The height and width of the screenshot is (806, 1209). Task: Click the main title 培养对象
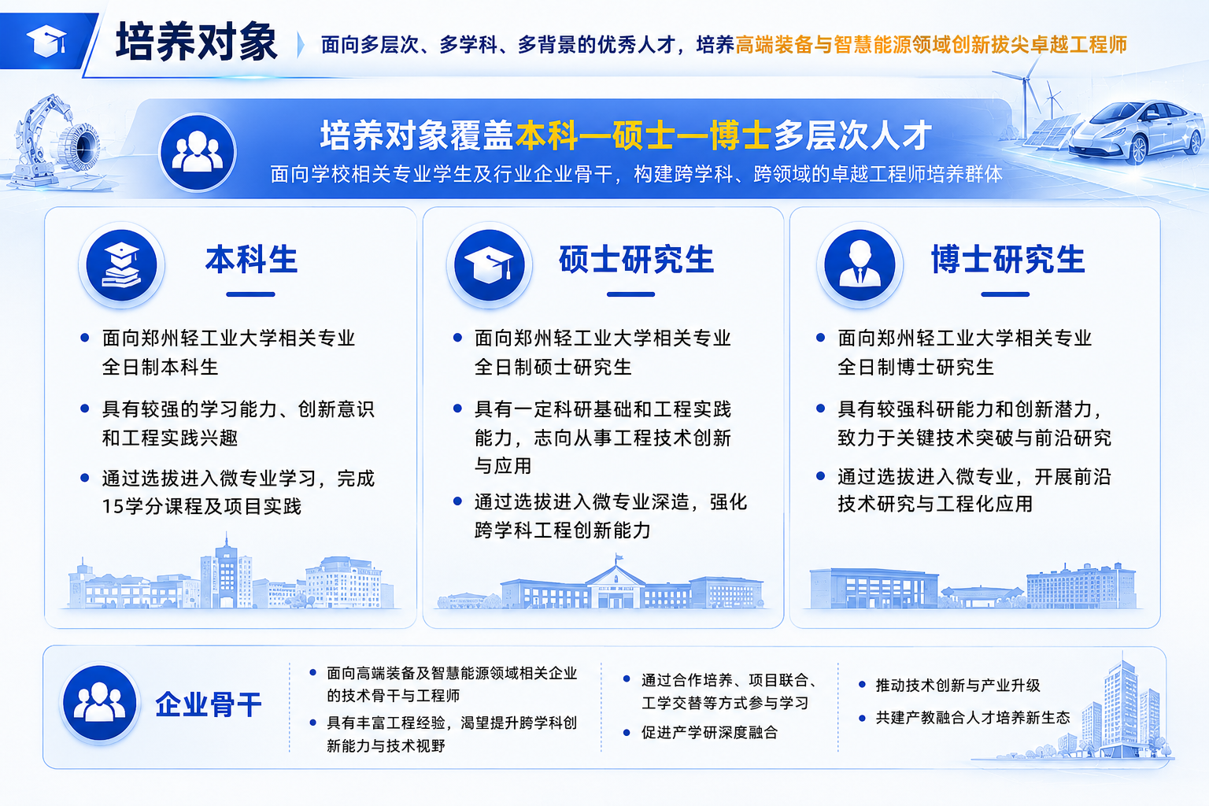point(197,42)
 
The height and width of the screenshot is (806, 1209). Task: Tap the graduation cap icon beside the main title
point(47,40)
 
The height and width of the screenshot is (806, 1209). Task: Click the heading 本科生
point(252,260)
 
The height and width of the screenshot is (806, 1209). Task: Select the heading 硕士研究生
point(636,260)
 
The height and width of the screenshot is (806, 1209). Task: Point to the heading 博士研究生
point(1007,260)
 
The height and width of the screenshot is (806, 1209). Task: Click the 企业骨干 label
point(209,704)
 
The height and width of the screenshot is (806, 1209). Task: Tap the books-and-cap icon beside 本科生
point(121,265)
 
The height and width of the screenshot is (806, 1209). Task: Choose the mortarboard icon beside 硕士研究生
point(490,265)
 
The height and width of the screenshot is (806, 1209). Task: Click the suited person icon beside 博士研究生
point(860,265)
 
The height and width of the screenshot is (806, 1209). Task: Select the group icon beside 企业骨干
point(100,703)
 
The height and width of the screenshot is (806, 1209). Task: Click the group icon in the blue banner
point(198,152)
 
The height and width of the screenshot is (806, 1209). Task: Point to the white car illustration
point(1136,131)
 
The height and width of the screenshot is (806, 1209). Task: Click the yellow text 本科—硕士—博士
point(643,135)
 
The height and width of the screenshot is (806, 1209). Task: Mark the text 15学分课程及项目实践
point(201,506)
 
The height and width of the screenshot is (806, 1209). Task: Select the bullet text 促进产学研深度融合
point(710,733)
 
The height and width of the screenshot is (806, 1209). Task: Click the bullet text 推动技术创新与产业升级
point(958,686)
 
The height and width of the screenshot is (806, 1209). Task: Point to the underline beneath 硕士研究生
point(631,294)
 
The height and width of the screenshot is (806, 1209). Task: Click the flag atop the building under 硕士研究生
point(618,556)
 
